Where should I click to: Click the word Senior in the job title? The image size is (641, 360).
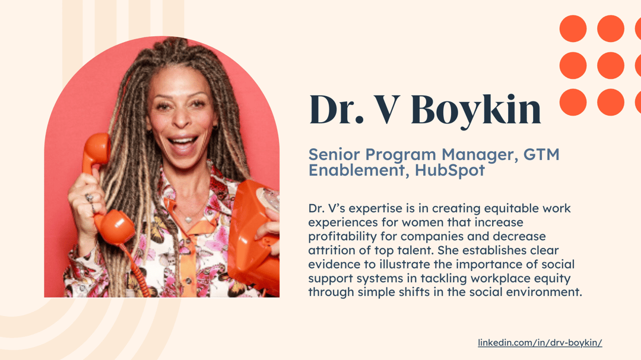(334, 155)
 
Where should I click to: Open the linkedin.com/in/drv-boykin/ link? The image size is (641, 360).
(540, 343)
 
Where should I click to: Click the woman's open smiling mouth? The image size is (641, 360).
(183, 145)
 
